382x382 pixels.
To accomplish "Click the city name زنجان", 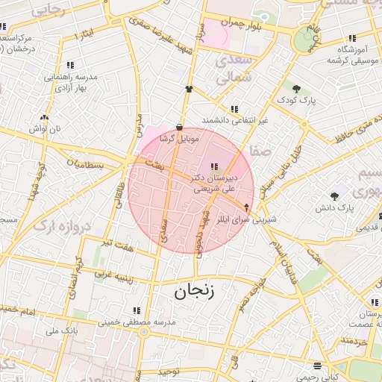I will point(194,291).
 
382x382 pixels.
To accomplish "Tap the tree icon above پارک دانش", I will point(334,195).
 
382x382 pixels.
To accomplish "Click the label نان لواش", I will point(44,129).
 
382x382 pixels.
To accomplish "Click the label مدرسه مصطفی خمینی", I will point(137,322).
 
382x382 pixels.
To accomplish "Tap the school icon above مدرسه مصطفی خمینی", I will point(137,310).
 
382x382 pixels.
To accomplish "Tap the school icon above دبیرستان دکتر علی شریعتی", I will point(215,166).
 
